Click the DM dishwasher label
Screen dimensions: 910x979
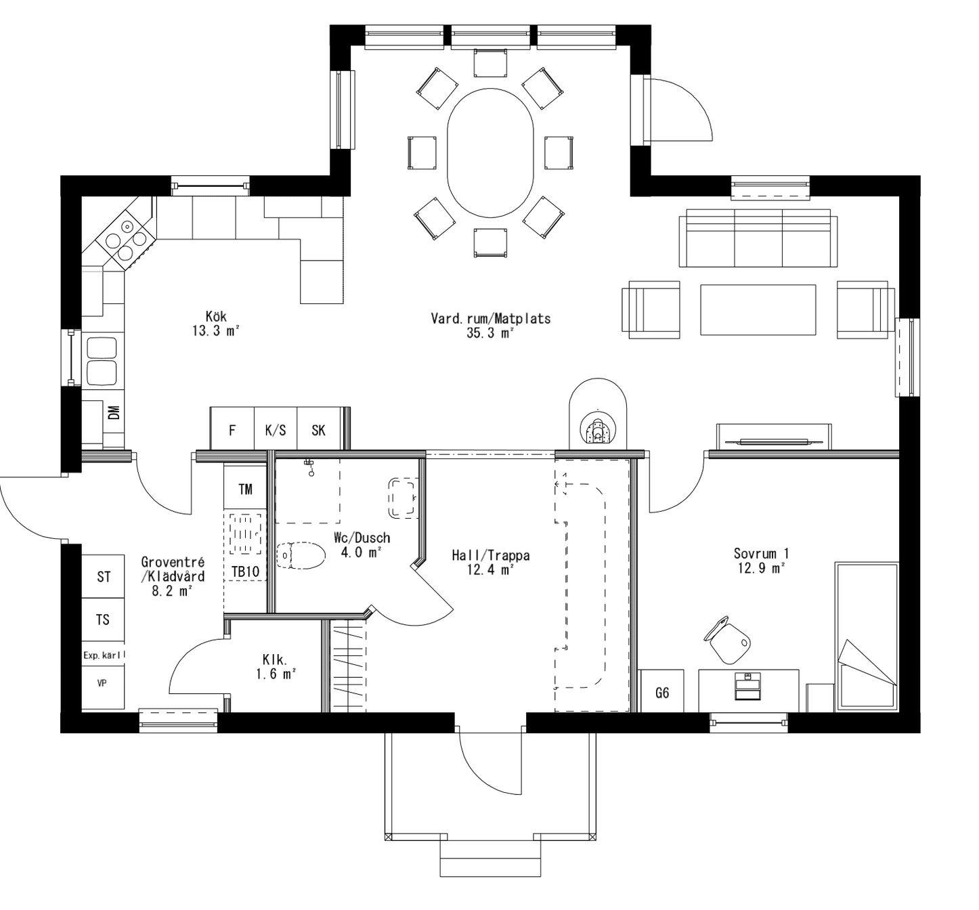pyautogui.click(x=113, y=412)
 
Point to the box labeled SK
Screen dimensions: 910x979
pyautogui.click(x=318, y=430)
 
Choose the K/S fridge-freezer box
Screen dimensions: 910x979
pyautogui.click(x=275, y=430)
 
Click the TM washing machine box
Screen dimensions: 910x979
pyautogui.click(x=245, y=488)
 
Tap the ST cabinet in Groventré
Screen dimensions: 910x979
pyautogui.click(x=104, y=577)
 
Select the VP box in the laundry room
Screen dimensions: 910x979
pyautogui.click(x=102, y=684)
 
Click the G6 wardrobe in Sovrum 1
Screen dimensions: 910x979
pyautogui.click(x=661, y=693)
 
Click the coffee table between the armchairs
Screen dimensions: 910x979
pyautogui.click(x=758, y=309)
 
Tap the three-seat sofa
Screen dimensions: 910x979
pyautogui.click(x=758, y=238)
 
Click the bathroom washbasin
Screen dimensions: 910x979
pyautogui.click(x=403, y=498)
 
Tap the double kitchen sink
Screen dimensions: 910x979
pyautogui.click(x=102, y=360)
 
